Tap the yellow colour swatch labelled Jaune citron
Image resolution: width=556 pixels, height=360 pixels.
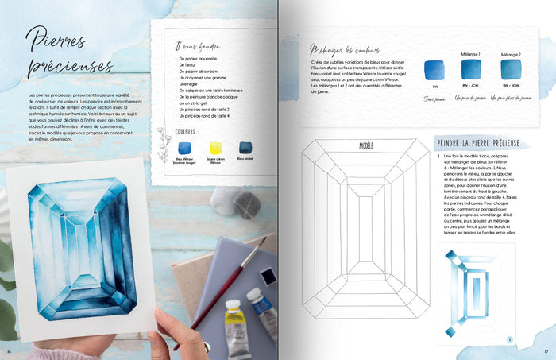(216, 148)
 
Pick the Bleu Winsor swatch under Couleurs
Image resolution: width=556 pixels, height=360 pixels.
(185, 148)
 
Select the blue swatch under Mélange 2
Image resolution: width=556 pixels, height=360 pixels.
(511, 70)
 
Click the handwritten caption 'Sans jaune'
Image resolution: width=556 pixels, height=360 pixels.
(434, 99)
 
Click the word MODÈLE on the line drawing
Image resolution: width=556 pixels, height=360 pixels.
(366, 146)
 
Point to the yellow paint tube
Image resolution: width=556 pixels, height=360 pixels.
(234, 326)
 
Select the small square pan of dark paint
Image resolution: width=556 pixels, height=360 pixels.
(269, 276)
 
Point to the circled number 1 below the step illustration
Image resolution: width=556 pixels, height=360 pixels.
(509, 340)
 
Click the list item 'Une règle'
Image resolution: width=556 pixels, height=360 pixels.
(191, 83)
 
